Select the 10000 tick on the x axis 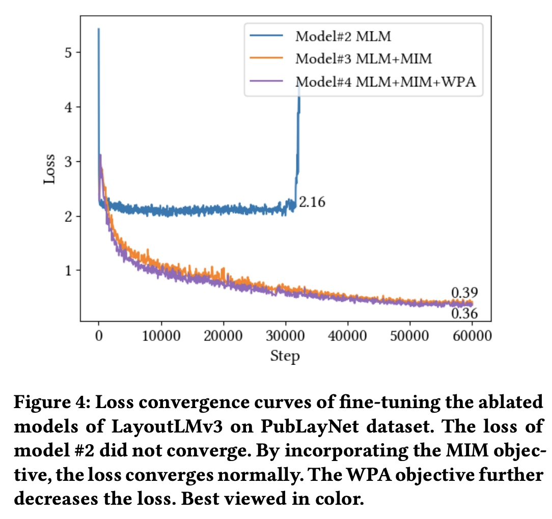click(x=161, y=337)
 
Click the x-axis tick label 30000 click(x=286, y=337)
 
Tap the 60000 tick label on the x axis click(x=473, y=337)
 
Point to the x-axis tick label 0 click(x=99, y=337)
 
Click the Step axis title click(x=285, y=356)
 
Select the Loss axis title click(x=49, y=169)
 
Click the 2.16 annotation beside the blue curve click(x=312, y=203)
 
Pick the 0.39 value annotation click(x=464, y=293)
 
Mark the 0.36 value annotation click(x=464, y=314)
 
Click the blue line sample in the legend click(x=267, y=36)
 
